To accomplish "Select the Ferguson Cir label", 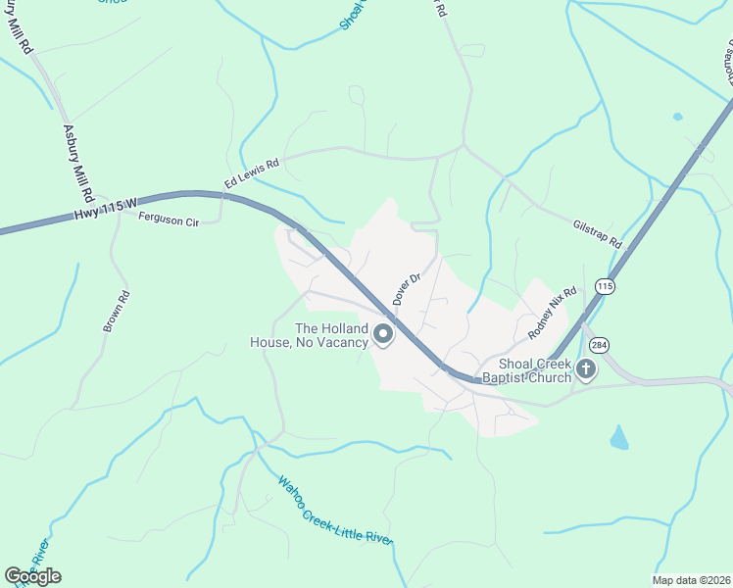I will [x=168, y=221].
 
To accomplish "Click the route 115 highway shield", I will [x=604, y=286].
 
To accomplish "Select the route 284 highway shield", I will [x=599, y=345].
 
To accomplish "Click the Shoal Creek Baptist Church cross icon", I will [x=585, y=369].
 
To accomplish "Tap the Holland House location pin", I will [x=383, y=336].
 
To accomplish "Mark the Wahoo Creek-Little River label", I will [x=334, y=511].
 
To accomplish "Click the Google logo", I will [x=32, y=576].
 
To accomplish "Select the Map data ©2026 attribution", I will [x=691, y=580].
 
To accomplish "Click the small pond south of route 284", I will [x=618, y=438].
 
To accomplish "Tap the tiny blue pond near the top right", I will [x=677, y=117].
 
